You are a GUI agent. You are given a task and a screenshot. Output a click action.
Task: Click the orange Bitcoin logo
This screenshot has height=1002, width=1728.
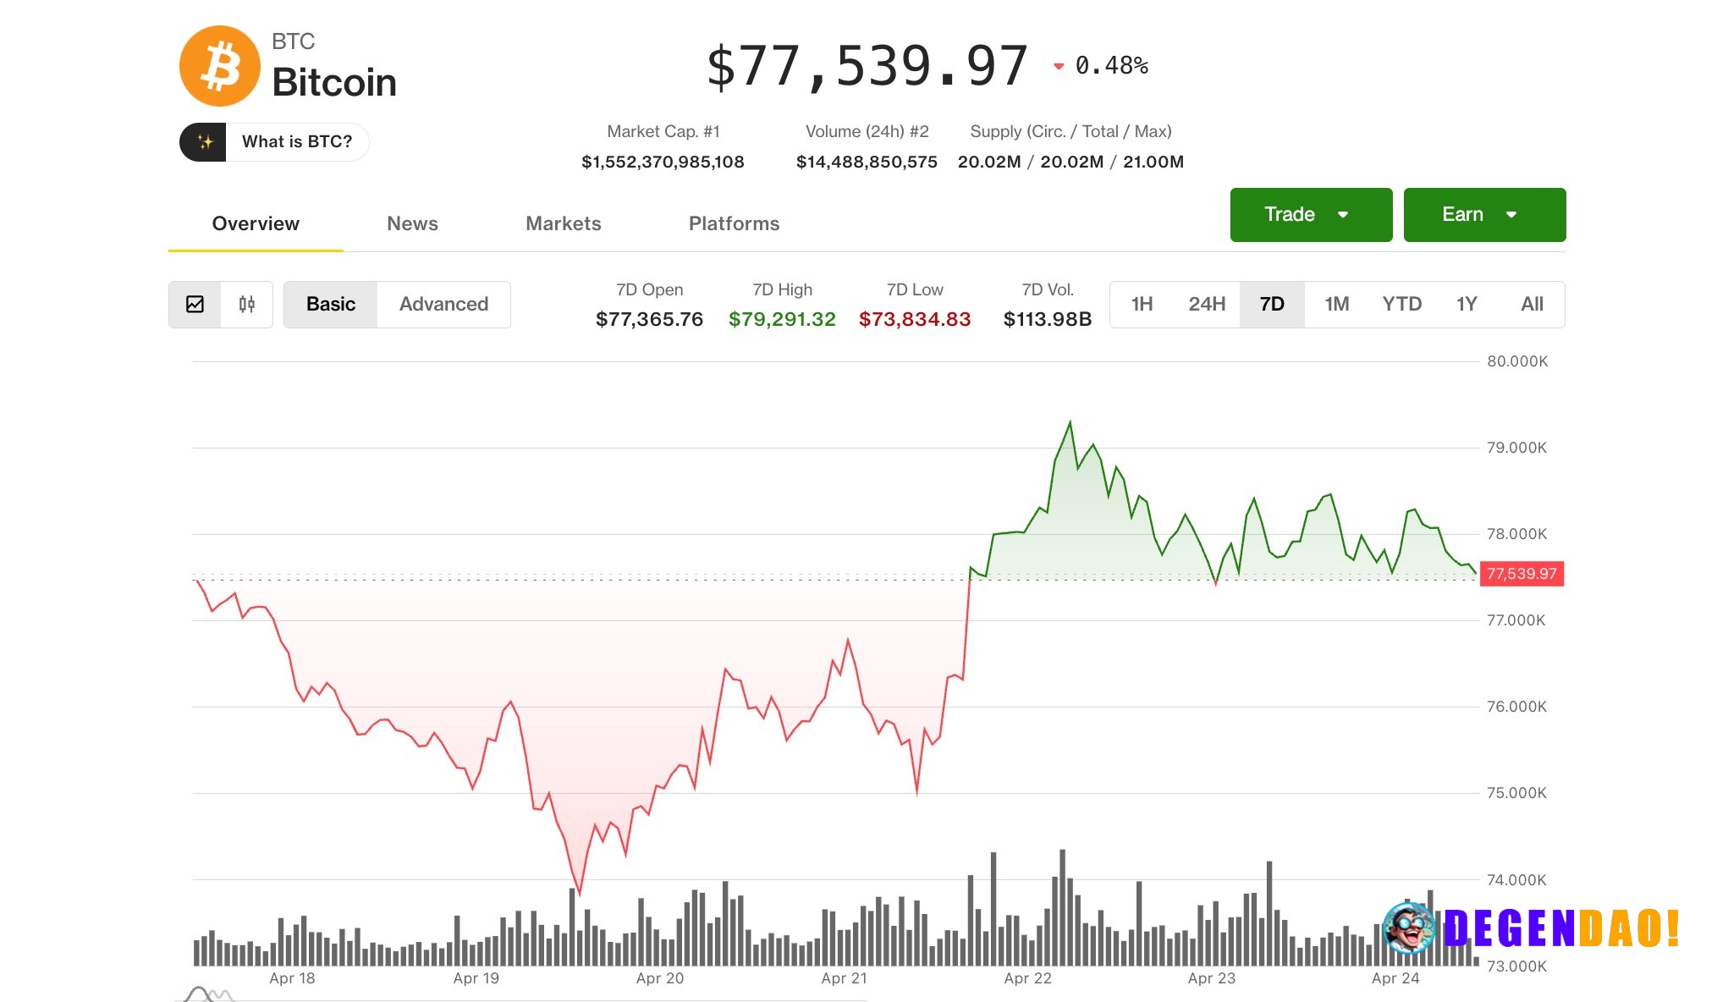[219, 66]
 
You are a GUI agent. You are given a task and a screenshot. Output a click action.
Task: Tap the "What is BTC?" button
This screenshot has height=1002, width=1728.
[274, 141]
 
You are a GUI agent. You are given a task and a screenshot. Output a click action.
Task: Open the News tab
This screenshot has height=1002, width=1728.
[412, 223]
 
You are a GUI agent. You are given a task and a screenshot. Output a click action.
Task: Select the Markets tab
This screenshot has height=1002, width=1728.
[563, 223]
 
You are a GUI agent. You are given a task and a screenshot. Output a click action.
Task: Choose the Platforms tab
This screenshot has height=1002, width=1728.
[734, 223]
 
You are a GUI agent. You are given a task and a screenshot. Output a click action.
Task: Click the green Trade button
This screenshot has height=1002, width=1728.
[1310, 215]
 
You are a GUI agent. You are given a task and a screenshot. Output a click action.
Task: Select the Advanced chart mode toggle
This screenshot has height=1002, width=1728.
[443, 304]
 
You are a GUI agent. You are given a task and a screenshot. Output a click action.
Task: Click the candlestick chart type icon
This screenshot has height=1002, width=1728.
[246, 304]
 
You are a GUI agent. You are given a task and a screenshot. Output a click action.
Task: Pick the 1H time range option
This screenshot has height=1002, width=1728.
[1142, 304]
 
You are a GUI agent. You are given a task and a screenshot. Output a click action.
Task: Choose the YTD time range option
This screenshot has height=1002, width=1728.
[1401, 304]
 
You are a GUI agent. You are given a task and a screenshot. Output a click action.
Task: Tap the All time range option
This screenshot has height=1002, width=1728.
[1532, 304]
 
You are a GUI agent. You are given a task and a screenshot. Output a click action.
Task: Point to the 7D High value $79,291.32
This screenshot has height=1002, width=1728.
[782, 319]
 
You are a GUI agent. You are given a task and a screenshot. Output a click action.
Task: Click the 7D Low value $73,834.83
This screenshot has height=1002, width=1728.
[915, 319]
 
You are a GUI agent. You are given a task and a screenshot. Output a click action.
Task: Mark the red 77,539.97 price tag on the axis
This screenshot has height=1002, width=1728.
[1522, 574]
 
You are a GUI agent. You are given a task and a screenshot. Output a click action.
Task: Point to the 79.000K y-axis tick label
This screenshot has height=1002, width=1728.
[1516, 448]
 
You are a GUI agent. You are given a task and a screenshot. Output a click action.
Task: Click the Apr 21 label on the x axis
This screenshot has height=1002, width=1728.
[844, 978]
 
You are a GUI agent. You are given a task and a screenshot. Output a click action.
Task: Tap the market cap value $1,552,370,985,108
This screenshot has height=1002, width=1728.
[663, 162]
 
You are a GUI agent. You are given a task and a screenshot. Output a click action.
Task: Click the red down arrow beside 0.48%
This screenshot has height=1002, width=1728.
[1058, 66]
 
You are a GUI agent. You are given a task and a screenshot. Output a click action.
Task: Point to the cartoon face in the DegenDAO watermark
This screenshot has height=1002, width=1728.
[1408, 928]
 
